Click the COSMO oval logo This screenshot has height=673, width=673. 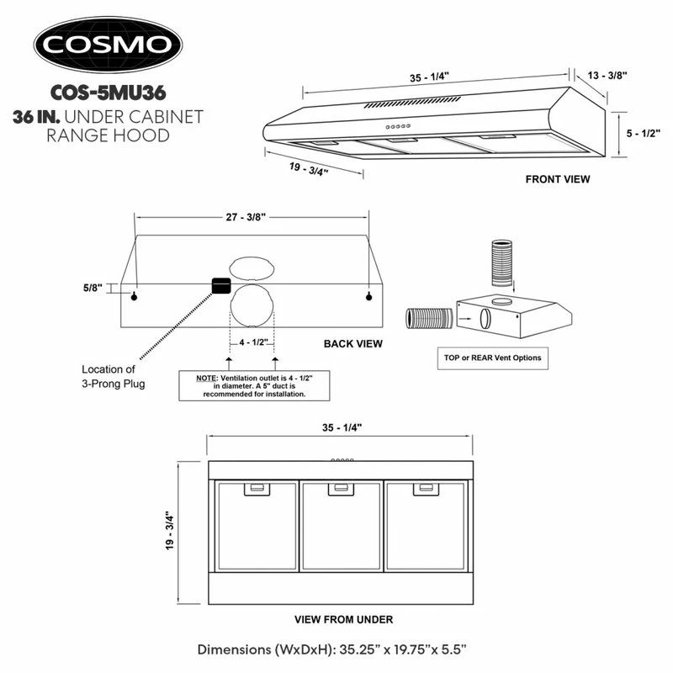click(109, 45)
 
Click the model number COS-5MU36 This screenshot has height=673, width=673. click(109, 93)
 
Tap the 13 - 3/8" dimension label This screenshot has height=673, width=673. click(607, 76)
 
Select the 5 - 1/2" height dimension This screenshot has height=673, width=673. click(643, 134)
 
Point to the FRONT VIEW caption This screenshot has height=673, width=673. click(558, 179)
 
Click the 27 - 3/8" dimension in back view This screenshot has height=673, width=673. click(246, 217)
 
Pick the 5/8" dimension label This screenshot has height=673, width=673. click(93, 288)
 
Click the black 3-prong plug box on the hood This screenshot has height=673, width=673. click(221, 286)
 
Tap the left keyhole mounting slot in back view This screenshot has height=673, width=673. click(135, 297)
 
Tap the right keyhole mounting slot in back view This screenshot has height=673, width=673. click(368, 297)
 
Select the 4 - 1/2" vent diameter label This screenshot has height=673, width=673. click(254, 342)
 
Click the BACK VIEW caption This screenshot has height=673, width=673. click(352, 344)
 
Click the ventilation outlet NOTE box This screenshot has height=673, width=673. click(254, 386)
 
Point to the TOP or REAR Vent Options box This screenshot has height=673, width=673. click(493, 358)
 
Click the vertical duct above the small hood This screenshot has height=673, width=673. click(501, 263)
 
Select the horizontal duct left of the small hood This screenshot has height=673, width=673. click(429, 319)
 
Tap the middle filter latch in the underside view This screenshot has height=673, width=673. click(342, 489)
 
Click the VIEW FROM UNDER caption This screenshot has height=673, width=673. click(344, 619)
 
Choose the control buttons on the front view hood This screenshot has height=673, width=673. click(398, 126)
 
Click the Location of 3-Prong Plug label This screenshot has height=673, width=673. click(114, 376)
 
